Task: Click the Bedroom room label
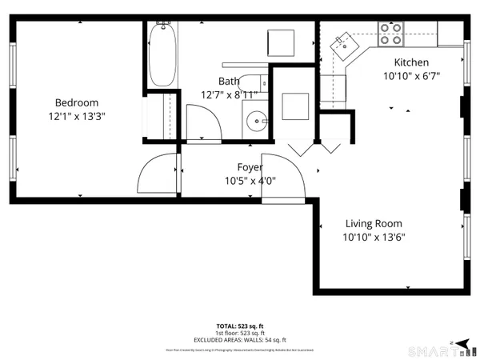point(76,102)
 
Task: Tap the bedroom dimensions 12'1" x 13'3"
point(76,116)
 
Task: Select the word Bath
point(229,81)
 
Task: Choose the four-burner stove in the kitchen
point(390,33)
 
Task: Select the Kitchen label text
point(411,62)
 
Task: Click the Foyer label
point(249,167)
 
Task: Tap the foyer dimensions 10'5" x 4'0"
point(249,181)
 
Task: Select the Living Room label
point(373,224)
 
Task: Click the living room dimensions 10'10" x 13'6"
point(373,238)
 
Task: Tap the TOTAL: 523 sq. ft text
point(240,326)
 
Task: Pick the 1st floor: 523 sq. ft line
point(240,333)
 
